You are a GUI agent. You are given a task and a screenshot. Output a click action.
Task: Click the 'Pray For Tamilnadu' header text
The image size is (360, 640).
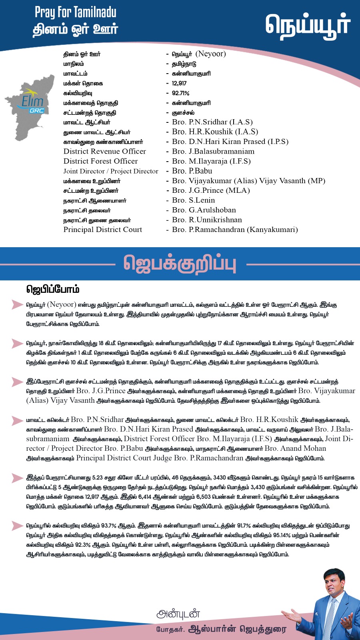[76, 12]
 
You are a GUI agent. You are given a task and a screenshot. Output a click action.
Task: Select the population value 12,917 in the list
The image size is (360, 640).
[179, 83]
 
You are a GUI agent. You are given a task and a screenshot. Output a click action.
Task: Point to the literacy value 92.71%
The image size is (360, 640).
[180, 93]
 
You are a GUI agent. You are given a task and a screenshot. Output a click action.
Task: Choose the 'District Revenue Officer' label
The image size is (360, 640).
[104, 151]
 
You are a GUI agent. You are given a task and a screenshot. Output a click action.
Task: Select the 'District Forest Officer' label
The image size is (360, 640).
[100, 161]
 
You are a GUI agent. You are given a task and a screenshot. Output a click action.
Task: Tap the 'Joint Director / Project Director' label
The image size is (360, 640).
[111, 171]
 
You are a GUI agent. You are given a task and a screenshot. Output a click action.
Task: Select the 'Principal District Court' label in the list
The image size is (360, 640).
[102, 230]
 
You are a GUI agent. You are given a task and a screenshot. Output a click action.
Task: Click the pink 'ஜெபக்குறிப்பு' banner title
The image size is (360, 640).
[180, 264]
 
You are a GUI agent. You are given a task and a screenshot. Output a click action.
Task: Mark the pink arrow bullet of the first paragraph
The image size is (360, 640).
[17, 304]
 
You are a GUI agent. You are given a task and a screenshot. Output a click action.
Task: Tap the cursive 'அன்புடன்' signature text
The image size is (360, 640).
[178, 614]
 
